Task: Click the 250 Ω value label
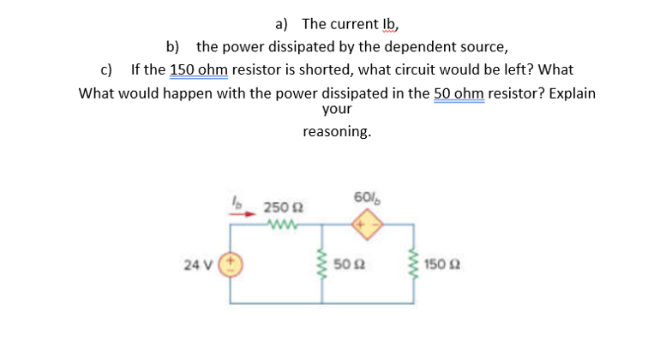click(279, 207)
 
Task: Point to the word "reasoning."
click(337, 132)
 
